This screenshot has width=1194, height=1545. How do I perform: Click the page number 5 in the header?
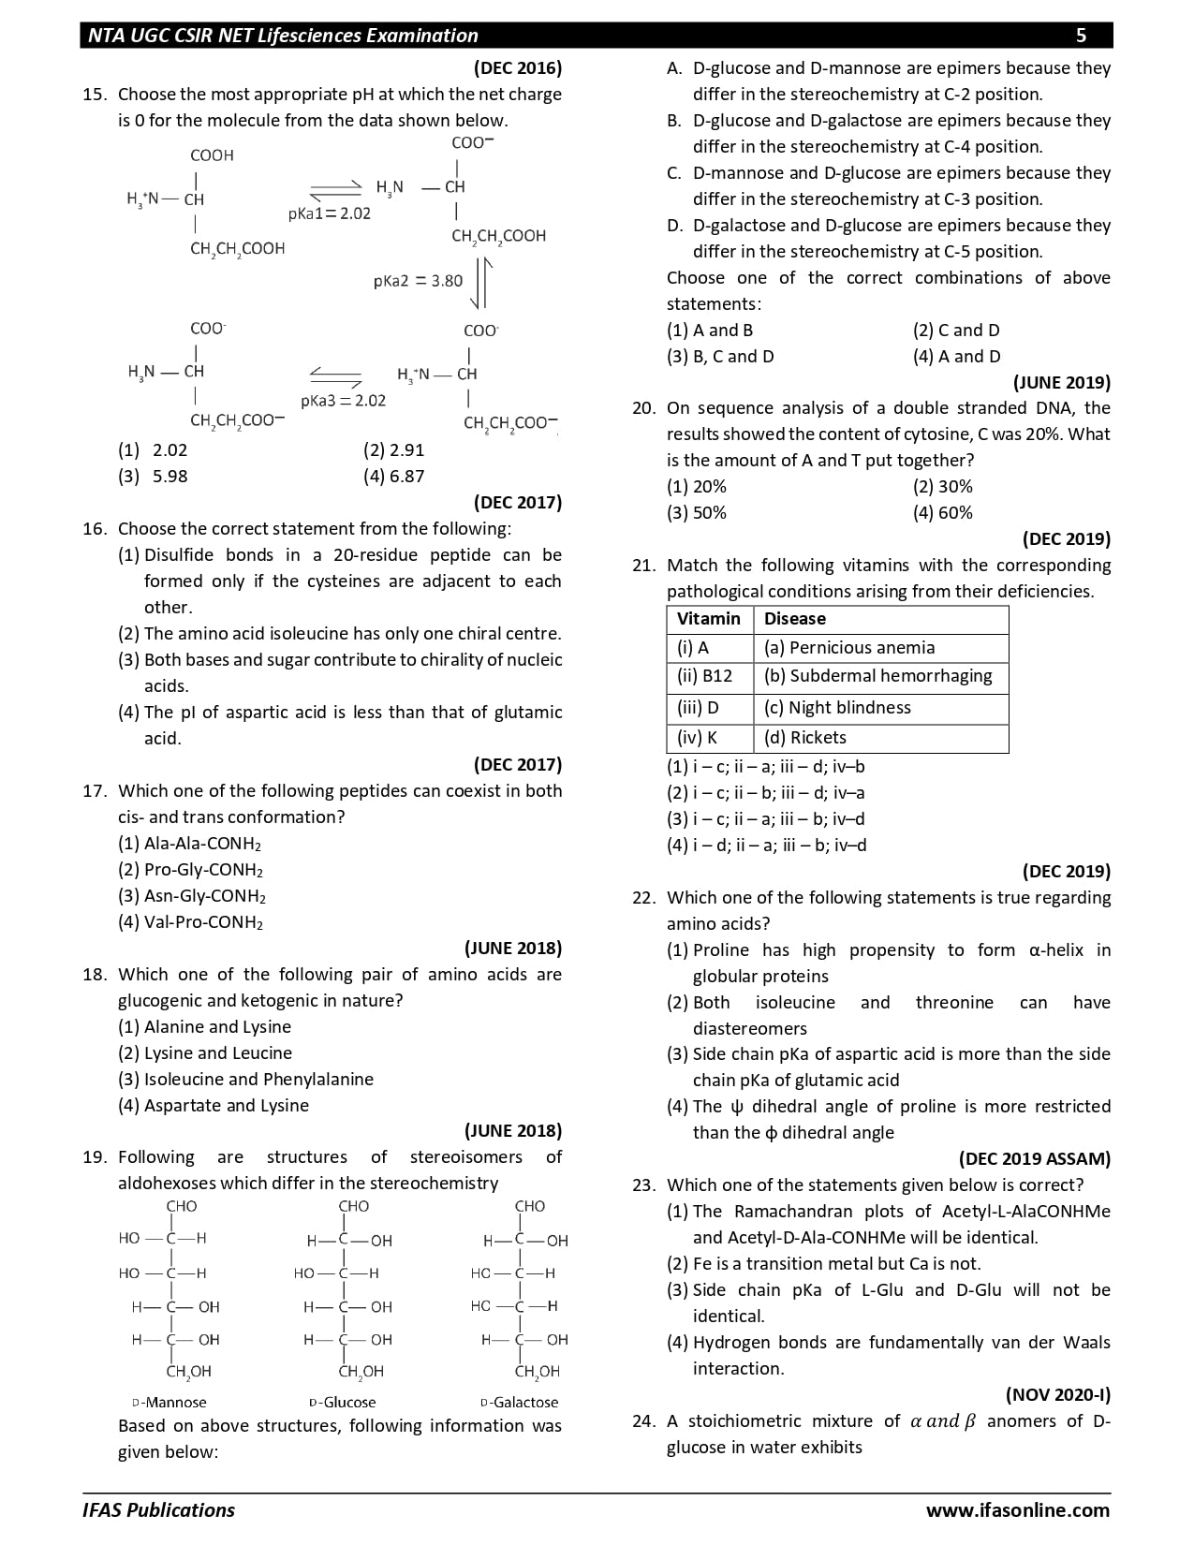click(x=1081, y=36)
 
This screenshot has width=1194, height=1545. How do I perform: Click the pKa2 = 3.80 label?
click(x=418, y=281)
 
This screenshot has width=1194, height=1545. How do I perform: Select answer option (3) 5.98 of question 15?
click(x=154, y=477)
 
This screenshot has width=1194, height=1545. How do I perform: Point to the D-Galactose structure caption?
click(x=519, y=1403)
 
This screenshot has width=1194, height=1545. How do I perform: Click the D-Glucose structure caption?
click(x=342, y=1403)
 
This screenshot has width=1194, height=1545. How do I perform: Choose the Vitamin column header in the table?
click(x=709, y=619)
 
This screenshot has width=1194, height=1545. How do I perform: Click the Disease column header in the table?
click(x=795, y=619)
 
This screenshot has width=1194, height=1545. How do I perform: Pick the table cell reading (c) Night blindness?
click(x=837, y=708)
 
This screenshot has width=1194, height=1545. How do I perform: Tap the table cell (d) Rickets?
click(x=804, y=738)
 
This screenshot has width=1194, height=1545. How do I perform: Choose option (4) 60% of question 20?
click(x=943, y=513)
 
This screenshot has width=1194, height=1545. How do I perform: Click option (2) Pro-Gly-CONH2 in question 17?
click(x=191, y=870)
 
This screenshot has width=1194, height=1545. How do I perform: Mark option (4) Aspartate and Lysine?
click(x=214, y=1106)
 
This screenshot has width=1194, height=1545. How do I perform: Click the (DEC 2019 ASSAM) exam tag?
click(x=1034, y=1159)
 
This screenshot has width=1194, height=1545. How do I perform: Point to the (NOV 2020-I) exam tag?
click(x=1057, y=1395)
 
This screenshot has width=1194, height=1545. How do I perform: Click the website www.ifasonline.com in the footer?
click(x=1017, y=1510)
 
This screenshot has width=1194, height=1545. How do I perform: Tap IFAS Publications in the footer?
click(x=158, y=1510)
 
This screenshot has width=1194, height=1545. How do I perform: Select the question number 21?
click(x=643, y=566)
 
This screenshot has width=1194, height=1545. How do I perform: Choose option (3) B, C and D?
click(x=720, y=357)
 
